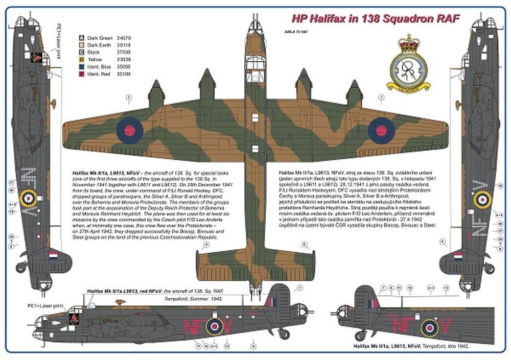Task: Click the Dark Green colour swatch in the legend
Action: pyautogui.click(x=81, y=38)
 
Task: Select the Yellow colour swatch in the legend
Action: pyautogui.click(x=81, y=59)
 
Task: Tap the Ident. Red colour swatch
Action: pyautogui.click(x=81, y=74)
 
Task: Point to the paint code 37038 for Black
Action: pyautogui.click(x=124, y=52)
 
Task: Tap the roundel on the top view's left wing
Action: pyautogui.click(x=129, y=130)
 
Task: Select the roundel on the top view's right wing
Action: pyautogui.click(x=381, y=130)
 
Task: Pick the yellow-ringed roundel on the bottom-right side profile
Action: pyautogui.click(x=429, y=327)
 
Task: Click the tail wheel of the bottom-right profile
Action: pyautogui.click(x=361, y=335)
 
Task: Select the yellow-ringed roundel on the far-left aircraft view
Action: pyautogui.click(x=29, y=198)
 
